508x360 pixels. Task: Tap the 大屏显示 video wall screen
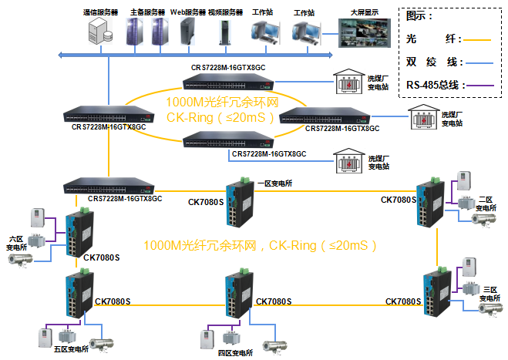click(365, 34)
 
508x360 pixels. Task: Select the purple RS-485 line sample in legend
click(483, 85)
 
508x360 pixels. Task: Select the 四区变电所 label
click(234, 352)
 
